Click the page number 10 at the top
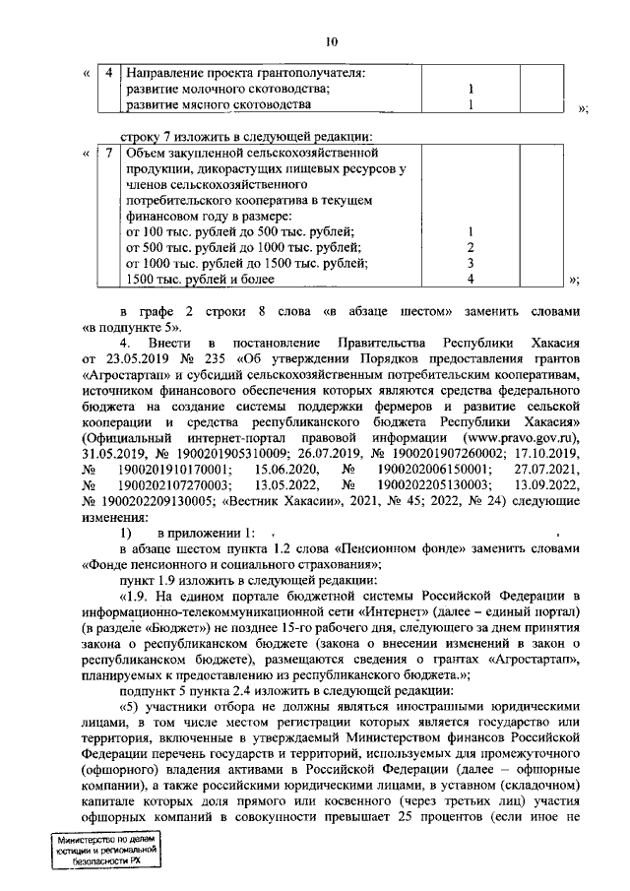click(x=331, y=40)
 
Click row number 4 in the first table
click(x=107, y=73)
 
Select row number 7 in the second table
click(x=107, y=154)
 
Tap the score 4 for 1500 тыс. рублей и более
click(x=471, y=280)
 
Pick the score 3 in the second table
click(x=471, y=264)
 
